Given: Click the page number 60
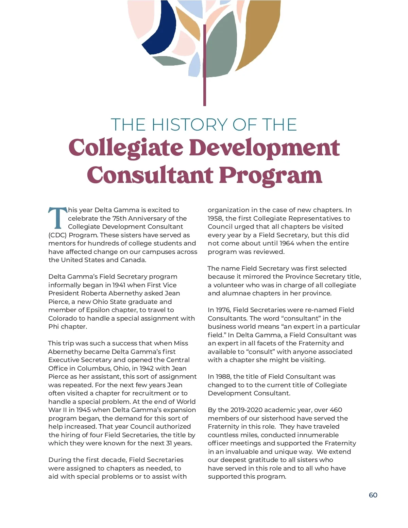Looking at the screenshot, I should [373, 495].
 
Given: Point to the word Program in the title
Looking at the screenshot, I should [270, 175].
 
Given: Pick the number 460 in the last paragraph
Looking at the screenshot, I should [336, 410].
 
